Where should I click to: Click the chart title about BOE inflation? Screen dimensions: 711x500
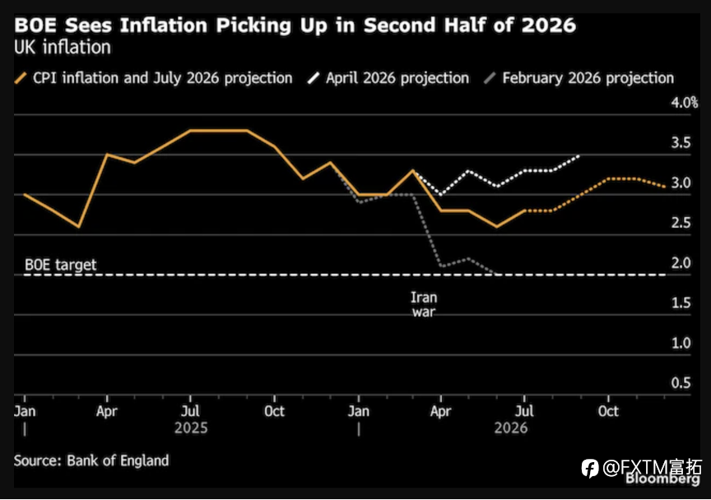(295, 25)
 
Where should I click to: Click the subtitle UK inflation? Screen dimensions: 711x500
(63, 48)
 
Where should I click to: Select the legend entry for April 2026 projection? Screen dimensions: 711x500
(388, 78)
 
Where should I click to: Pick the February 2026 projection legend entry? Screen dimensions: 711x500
(579, 78)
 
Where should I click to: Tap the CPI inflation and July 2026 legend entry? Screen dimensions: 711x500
(153, 78)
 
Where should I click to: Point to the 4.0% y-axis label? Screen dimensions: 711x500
(684, 103)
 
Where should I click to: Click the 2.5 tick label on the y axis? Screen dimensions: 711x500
(681, 223)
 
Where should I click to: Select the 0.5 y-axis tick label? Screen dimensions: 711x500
(681, 382)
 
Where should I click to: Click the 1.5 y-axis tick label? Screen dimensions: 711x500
(681, 303)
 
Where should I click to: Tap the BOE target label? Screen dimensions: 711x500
(60, 265)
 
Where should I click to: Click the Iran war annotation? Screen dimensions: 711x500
(424, 304)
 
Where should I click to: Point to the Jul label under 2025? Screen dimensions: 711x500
(190, 411)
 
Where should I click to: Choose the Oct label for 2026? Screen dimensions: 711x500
(608, 411)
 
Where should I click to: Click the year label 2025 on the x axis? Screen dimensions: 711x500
(191, 428)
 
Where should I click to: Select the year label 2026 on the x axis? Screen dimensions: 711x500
(511, 428)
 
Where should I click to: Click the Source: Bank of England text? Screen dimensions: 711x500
(91, 461)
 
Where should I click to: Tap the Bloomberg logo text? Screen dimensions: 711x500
(663, 479)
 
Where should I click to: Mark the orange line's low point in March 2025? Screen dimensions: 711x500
(79, 227)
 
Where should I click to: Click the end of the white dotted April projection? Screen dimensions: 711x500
(580, 155)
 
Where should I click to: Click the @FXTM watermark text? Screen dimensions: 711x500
(642, 467)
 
